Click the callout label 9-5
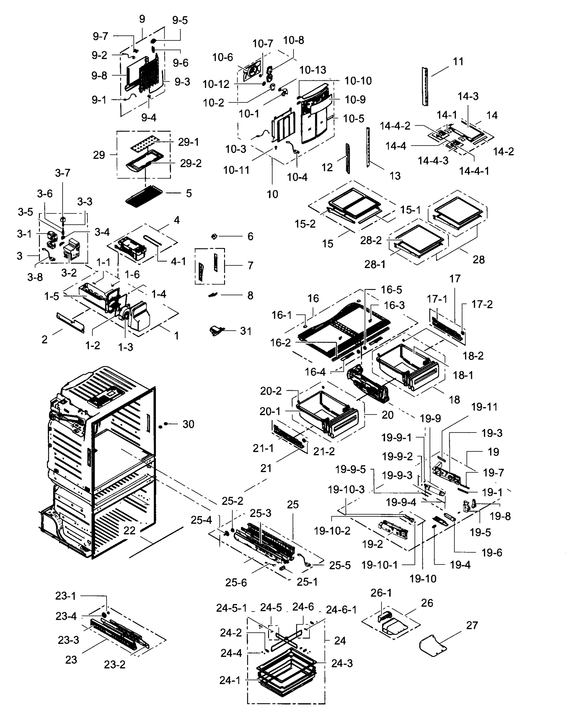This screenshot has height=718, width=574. (x=180, y=20)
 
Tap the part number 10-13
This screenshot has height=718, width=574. (x=312, y=70)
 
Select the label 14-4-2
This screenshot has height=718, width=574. (x=395, y=126)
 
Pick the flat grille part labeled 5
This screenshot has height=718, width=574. (x=144, y=197)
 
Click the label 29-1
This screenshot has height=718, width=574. (x=188, y=142)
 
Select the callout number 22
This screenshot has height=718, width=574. (x=130, y=530)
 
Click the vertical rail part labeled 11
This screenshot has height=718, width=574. (x=425, y=86)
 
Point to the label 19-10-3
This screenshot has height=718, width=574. (x=346, y=489)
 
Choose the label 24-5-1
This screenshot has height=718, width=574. (x=232, y=608)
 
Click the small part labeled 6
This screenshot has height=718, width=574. (x=215, y=236)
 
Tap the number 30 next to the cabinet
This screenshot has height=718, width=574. (x=188, y=424)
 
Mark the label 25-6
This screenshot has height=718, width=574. (x=236, y=582)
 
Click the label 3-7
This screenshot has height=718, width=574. (x=63, y=173)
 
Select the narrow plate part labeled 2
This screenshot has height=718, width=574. (x=71, y=323)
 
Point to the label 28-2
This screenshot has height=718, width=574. (x=371, y=240)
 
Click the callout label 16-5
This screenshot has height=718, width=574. (x=391, y=290)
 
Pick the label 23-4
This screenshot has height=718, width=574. (x=66, y=616)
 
